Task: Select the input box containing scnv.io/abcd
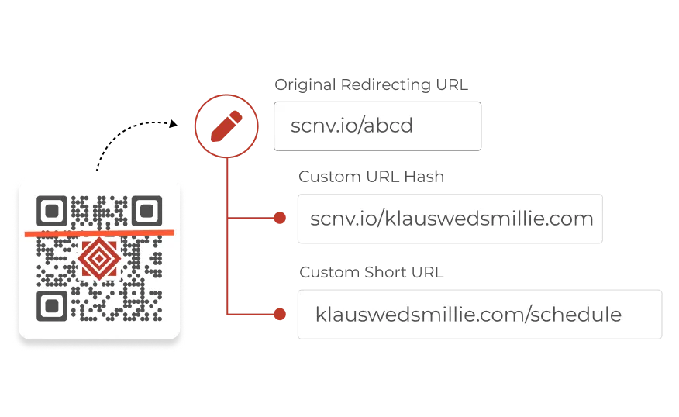pos(377,126)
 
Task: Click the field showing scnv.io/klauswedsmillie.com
pos(451,219)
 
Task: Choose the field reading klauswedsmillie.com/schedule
pos(477,315)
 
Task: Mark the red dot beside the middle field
pos(280,219)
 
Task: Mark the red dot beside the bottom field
pos(280,315)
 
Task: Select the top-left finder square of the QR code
pos(52,210)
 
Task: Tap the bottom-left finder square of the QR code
pos(52,305)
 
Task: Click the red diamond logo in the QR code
pos(98,258)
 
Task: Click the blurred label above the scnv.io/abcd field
pos(371,84)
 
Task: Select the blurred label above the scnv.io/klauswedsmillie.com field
pos(372,177)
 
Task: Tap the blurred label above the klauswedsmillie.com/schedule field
pos(371,272)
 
